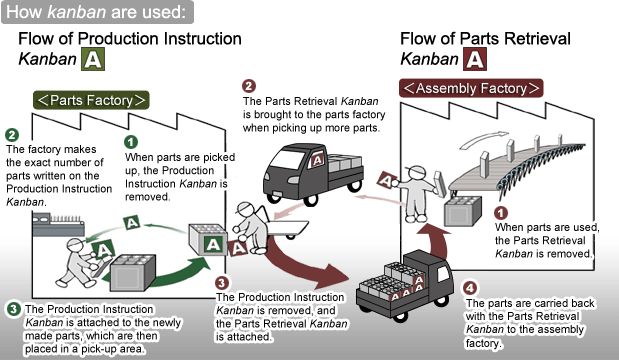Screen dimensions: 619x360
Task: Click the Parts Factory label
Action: [91, 100]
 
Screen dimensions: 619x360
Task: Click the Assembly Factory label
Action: [471, 88]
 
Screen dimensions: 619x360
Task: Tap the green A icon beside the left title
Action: [93, 59]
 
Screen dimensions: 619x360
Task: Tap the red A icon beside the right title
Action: [475, 59]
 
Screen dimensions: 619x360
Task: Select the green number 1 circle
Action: [131, 142]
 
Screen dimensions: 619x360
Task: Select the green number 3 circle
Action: [13, 308]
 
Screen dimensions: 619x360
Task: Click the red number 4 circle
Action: [470, 288]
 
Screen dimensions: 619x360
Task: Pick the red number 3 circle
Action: [222, 283]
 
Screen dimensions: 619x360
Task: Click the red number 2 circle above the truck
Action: [249, 86]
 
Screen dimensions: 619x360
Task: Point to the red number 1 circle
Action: [501, 213]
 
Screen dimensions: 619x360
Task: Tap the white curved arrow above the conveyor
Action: [484, 139]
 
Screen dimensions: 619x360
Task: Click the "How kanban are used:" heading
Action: [97, 12]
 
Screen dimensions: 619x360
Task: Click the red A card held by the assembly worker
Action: [387, 180]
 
